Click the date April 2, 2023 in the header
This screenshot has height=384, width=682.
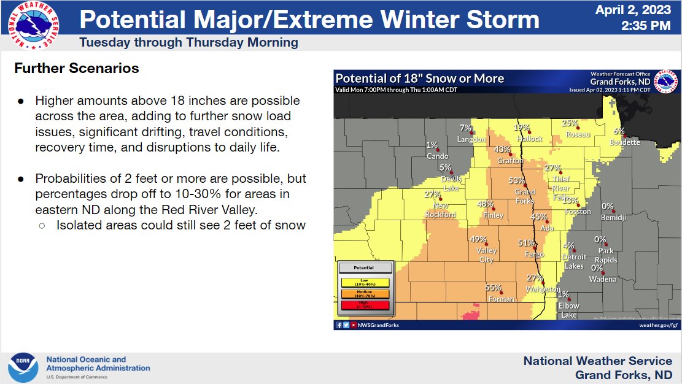pos(634,10)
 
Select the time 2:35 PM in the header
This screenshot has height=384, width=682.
pos(646,26)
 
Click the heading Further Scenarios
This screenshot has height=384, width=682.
pos(77,68)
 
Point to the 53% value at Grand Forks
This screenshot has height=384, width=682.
pos(516,180)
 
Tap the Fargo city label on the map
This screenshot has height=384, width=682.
pos(534,254)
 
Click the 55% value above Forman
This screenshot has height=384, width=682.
pos(493,288)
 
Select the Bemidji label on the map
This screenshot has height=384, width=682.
pos(612,218)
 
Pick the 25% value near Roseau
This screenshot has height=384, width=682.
pos(569,123)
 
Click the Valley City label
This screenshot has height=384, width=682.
pos(486,255)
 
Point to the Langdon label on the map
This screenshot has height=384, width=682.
pos(471,139)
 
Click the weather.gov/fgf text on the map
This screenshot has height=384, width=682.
pos(658,325)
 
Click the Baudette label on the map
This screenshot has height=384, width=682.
pos(625,142)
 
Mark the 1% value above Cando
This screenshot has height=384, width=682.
pos(432,145)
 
